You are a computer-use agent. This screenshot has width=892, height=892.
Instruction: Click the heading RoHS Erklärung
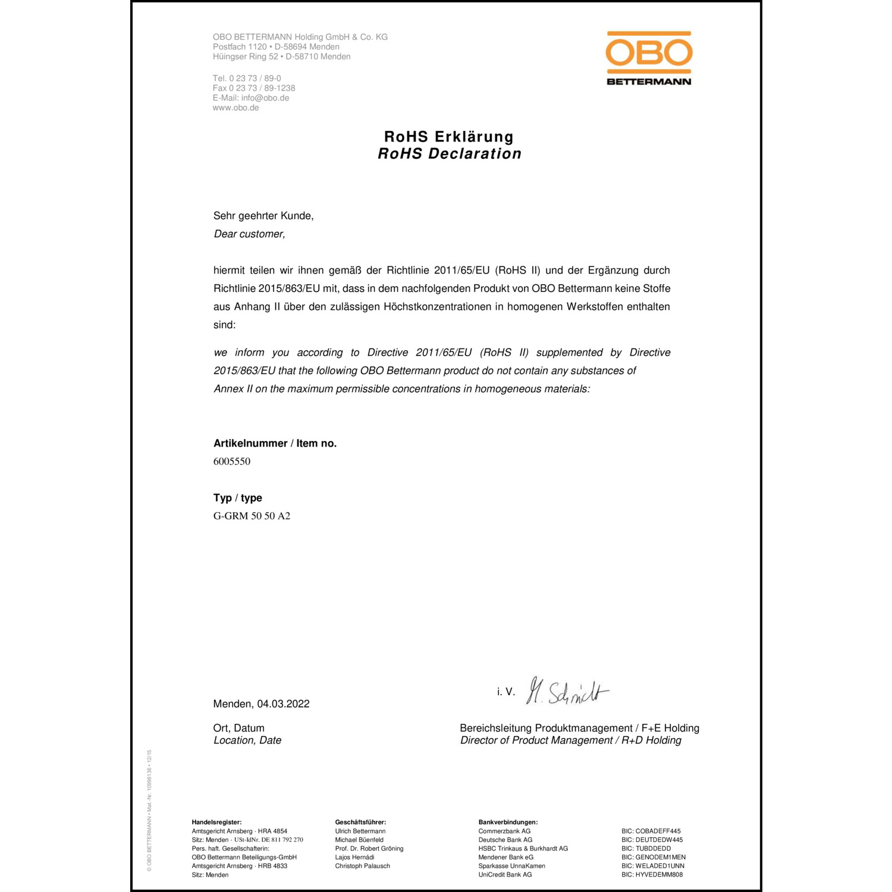pyautogui.click(x=449, y=137)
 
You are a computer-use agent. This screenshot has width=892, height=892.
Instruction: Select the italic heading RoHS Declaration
pyautogui.click(x=450, y=154)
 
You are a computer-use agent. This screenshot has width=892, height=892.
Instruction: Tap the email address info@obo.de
pyautogui.click(x=265, y=98)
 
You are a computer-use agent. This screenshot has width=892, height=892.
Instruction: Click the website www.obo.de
pyautogui.click(x=235, y=108)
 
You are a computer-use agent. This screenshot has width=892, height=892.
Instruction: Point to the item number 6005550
pyautogui.click(x=232, y=461)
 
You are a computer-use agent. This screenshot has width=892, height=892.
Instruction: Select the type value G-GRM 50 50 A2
pyautogui.click(x=252, y=516)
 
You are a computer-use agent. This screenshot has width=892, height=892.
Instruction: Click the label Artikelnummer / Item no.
pyautogui.click(x=275, y=444)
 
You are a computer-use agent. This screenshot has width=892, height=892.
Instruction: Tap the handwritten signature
pyautogui.click(x=567, y=692)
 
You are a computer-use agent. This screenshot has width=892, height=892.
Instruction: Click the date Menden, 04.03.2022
pyautogui.click(x=261, y=704)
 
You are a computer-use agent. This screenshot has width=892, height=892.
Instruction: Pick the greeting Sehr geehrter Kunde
pyautogui.click(x=263, y=216)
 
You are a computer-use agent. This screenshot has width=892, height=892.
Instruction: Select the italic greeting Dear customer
pyautogui.click(x=249, y=234)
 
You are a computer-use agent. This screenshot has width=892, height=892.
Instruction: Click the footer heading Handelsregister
pyautogui.click(x=216, y=822)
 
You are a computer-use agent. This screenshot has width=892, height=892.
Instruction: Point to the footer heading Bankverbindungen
pyautogui.click(x=508, y=822)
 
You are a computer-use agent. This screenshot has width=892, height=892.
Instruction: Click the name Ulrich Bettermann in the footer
pyautogui.click(x=360, y=831)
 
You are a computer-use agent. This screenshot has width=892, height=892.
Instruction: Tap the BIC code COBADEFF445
pyautogui.click(x=658, y=831)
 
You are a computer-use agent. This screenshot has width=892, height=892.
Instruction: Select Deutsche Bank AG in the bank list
pyautogui.click(x=505, y=840)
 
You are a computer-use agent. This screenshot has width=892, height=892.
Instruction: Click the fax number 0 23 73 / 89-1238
pyautogui.click(x=262, y=88)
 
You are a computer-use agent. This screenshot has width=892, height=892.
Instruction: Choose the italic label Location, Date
pyautogui.click(x=247, y=740)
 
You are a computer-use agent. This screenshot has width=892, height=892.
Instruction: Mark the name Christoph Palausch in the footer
pyautogui.click(x=362, y=866)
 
